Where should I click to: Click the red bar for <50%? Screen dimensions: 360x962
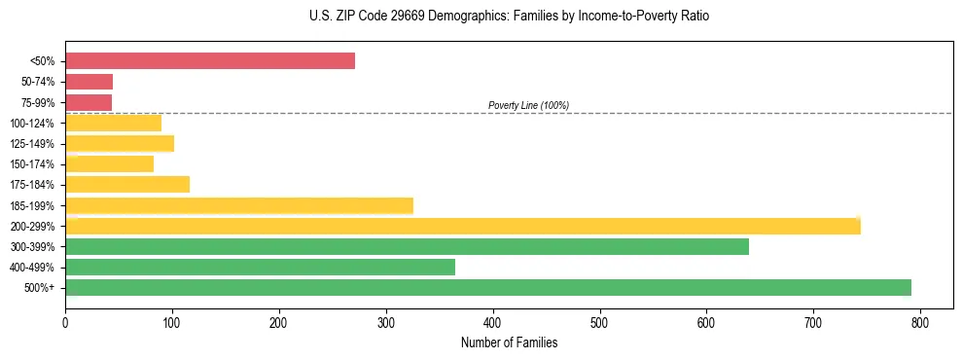pyautogui.click(x=210, y=61)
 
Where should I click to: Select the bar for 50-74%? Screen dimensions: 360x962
pyautogui.click(x=89, y=82)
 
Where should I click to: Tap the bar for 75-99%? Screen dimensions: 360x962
pyautogui.click(x=89, y=102)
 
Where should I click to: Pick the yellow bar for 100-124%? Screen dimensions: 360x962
pyautogui.click(x=113, y=123)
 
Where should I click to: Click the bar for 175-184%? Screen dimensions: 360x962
pyautogui.click(x=127, y=184)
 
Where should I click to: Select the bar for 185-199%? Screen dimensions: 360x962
pyautogui.click(x=239, y=205)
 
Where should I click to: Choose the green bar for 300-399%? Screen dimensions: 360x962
pyautogui.click(x=407, y=246)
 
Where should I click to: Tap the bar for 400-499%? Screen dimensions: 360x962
pyautogui.click(x=260, y=267)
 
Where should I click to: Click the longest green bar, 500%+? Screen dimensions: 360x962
pyautogui.click(x=488, y=287)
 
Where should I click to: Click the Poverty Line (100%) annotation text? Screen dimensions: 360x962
pyautogui.click(x=528, y=105)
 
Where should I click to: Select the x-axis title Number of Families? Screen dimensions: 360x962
pyautogui.click(x=509, y=342)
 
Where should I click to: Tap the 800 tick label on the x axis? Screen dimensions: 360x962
pyautogui.click(x=920, y=321)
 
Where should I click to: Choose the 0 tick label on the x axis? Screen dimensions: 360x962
pyautogui.click(x=65, y=321)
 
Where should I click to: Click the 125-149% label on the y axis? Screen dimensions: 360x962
pyautogui.click(x=32, y=144)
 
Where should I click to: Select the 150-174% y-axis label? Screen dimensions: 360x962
pyautogui.click(x=32, y=164)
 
